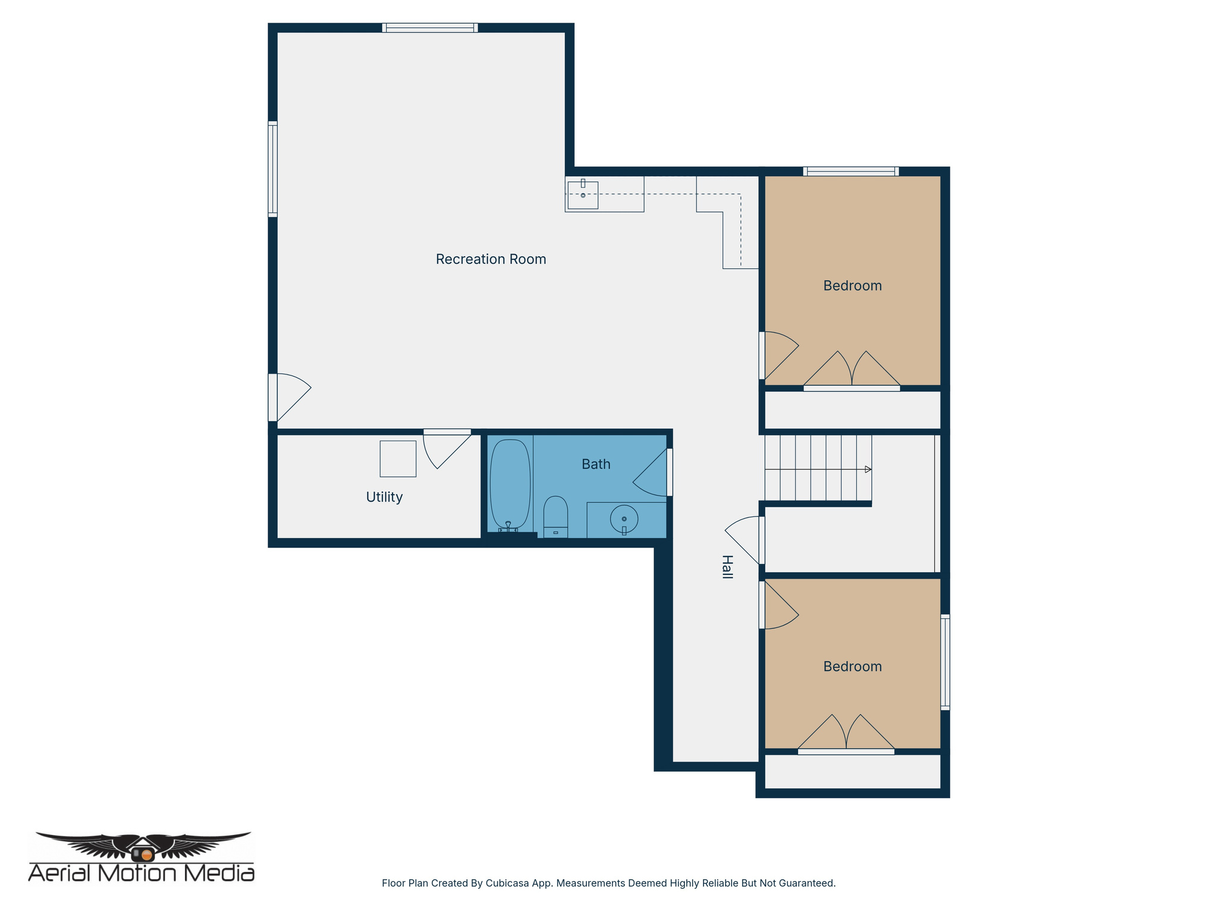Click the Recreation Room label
491,259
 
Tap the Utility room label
384,497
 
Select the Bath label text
596,464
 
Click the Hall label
727,566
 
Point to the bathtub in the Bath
510,484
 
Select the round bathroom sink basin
624,519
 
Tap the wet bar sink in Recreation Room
583,195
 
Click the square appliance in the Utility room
398,459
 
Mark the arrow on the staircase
868,469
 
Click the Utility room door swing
443,449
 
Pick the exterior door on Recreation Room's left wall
288,397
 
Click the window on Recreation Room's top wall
430,28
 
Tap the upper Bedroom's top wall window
850,172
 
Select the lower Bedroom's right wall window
944,662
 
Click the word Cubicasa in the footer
507,883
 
